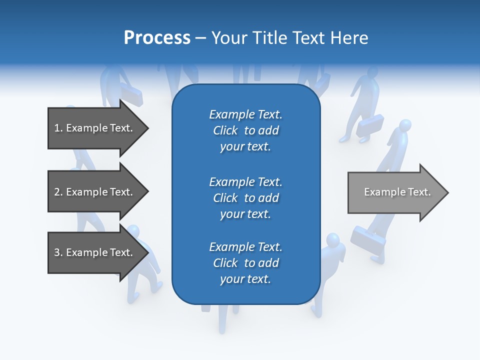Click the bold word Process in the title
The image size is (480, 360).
pyautogui.click(x=157, y=38)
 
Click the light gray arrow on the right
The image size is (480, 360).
pyautogui.click(x=395, y=192)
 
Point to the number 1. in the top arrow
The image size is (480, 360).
pyautogui.click(x=58, y=128)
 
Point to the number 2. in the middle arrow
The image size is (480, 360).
pyautogui.click(x=58, y=192)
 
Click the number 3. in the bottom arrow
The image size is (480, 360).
pyautogui.click(x=58, y=252)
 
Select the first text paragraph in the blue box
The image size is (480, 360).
pyautogui.click(x=245, y=130)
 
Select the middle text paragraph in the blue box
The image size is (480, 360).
pyautogui.click(x=245, y=198)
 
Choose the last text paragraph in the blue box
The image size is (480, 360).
pyautogui.click(x=245, y=263)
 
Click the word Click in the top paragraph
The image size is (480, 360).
pyautogui.click(x=225, y=130)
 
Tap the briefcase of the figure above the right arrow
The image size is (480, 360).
pyautogui.click(x=370, y=125)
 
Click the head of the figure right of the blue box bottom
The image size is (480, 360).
pyautogui.click(x=332, y=239)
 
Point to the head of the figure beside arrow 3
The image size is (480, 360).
pyautogui.click(x=133, y=230)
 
